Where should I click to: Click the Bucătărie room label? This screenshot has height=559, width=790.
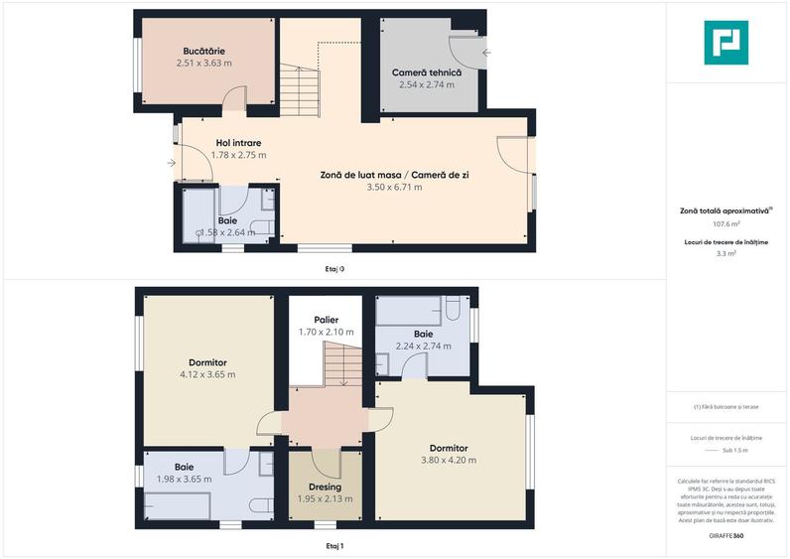(203, 51)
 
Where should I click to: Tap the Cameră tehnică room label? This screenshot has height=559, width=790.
(427, 72)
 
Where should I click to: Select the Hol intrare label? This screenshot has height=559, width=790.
(238, 143)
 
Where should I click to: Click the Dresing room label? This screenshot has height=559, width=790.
(320, 487)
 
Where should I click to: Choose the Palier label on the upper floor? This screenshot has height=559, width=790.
(327, 320)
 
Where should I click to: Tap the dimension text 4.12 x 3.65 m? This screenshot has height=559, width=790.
(207, 374)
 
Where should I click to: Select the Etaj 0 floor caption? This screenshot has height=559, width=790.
(335, 268)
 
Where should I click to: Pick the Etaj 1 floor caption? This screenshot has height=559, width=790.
(335, 546)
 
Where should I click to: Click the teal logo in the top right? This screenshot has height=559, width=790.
(725, 43)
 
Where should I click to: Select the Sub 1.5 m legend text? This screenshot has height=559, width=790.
(731, 450)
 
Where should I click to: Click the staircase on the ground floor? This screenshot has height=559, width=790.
(297, 90)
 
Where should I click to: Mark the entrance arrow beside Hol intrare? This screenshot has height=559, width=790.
(172, 163)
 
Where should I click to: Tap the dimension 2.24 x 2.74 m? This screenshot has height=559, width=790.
(423, 347)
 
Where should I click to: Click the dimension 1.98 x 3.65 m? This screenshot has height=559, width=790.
(184, 479)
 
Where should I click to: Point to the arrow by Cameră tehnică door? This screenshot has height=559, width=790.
(486, 53)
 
